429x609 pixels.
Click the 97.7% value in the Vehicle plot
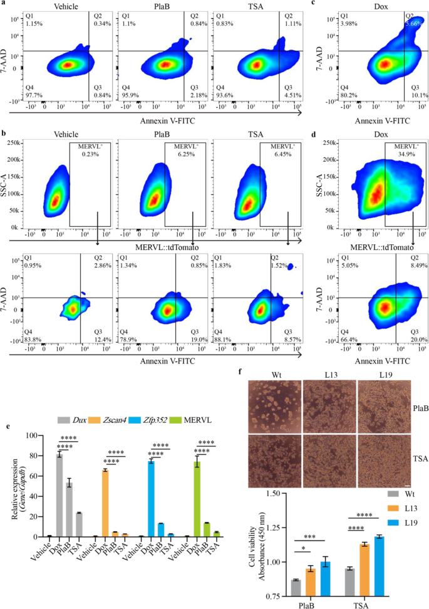(31, 94)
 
